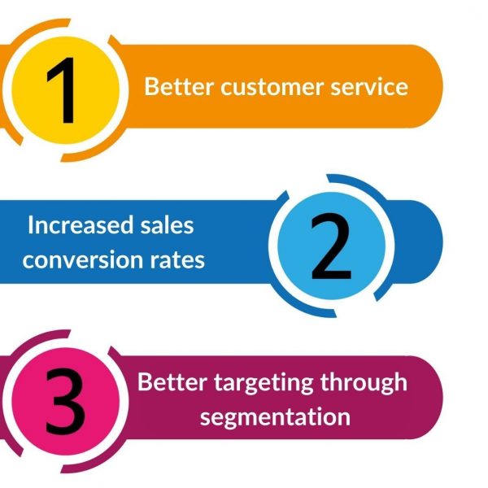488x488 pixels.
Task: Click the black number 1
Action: pos(63,90)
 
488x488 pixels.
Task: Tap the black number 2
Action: pos(331,246)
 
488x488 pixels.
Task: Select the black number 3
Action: pos(65,402)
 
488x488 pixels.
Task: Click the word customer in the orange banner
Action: pos(272,87)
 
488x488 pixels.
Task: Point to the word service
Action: pos(369,87)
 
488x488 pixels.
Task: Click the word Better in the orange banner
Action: pos(179,86)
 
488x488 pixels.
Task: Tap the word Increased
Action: pos(81,224)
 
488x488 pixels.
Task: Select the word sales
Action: pos(167,224)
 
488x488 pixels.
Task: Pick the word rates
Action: pos(177,260)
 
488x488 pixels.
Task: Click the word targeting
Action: pos(264,383)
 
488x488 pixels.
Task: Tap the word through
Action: pos(364,383)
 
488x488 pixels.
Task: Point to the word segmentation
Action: pos(275,417)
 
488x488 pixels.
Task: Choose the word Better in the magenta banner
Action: pos(172,381)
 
